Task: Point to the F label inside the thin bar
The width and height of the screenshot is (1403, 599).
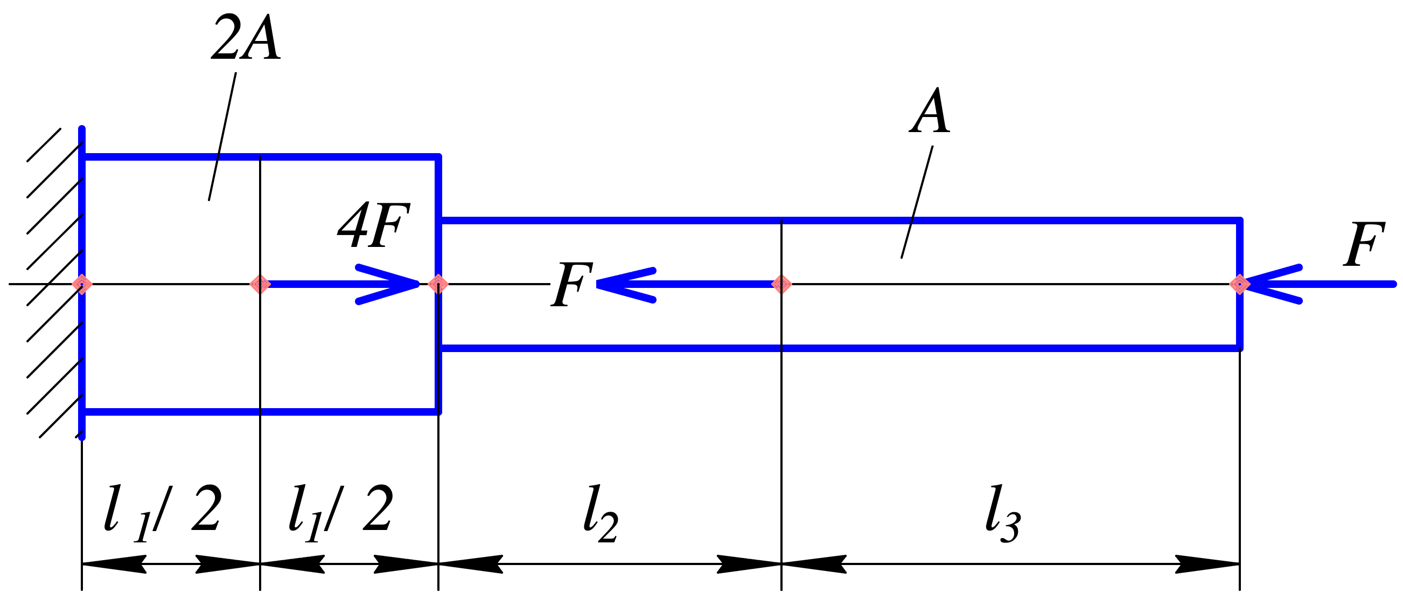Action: click(x=572, y=284)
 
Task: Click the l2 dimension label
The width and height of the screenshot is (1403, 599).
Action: click(x=601, y=514)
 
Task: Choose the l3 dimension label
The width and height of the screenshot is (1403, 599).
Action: click(x=1003, y=514)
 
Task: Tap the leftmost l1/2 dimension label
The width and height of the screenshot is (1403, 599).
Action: click(x=163, y=513)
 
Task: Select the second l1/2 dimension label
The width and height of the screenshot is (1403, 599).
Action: click(x=340, y=513)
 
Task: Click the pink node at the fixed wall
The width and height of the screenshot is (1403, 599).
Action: click(x=82, y=284)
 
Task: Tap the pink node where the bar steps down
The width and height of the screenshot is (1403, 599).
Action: click(x=438, y=284)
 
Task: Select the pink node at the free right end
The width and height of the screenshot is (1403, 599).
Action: click(x=1240, y=284)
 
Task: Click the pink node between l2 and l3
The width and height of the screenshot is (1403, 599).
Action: click(x=781, y=284)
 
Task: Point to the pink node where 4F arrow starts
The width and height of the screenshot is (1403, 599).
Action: click(x=260, y=284)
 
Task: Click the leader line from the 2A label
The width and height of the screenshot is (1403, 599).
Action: click(x=222, y=136)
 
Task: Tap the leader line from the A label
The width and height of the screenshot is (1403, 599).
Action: click(x=917, y=202)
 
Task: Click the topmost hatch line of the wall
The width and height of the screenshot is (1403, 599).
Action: click(x=44, y=145)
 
